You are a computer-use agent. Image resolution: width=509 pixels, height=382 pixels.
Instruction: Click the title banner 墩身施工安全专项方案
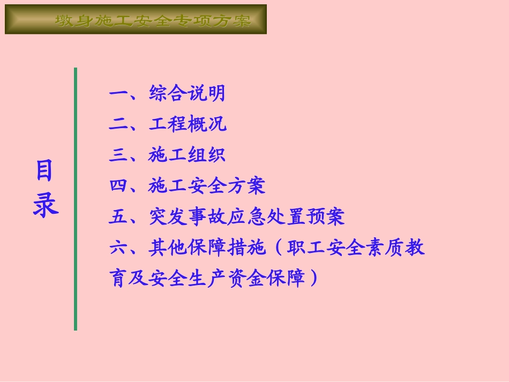136,20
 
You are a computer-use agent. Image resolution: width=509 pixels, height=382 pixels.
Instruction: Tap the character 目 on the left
45,171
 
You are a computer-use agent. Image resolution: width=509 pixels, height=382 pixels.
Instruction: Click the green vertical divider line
76,198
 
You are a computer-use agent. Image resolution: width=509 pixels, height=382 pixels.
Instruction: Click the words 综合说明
187,94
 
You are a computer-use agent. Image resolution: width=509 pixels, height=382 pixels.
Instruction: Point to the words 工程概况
188,124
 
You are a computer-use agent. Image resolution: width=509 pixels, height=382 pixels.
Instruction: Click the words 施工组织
187,155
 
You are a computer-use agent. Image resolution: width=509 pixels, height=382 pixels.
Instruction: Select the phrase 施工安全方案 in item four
207,186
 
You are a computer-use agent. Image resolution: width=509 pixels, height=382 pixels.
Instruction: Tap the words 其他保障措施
207,248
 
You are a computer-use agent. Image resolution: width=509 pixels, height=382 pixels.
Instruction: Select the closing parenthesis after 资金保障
313,279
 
